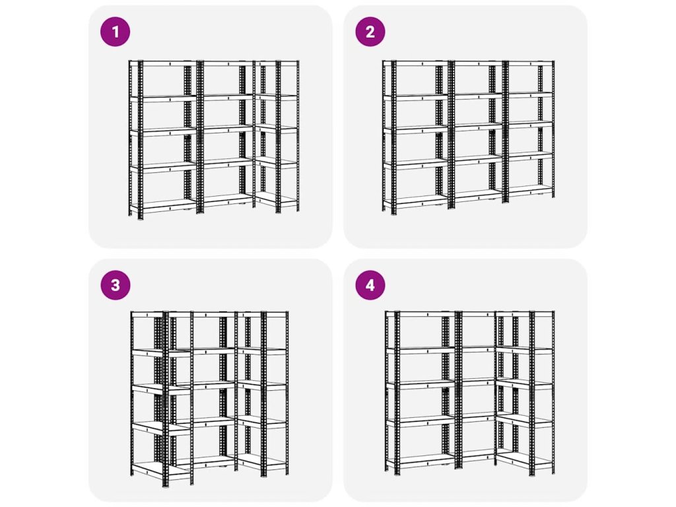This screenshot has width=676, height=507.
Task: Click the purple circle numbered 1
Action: pos(115,32)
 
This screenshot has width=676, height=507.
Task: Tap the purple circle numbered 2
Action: pos(370,32)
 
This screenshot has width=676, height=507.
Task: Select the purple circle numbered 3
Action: pos(115,285)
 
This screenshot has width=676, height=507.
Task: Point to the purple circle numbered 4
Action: pos(370,285)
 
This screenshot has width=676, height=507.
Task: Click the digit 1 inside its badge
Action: pos(115,32)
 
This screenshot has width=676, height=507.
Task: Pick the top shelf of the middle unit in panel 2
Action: pos(477,63)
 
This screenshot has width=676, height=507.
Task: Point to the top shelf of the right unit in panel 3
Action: pos(263,314)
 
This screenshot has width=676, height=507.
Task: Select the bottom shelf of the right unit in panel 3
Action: pos(263,462)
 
